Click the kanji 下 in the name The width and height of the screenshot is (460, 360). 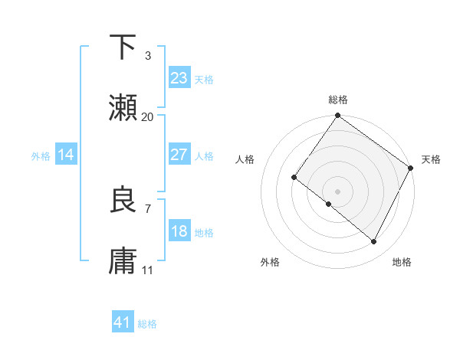click(123, 47)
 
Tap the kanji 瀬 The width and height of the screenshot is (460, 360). click(123, 109)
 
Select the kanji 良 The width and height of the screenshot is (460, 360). click(123, 200)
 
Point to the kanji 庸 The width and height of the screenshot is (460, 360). click(123, 261)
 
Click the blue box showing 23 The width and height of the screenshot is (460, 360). click(179, 78)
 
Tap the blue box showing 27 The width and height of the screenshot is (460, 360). click(179, 155)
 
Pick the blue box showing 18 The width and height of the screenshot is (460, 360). click(179, 231)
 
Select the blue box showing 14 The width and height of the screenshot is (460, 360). click(66, 155)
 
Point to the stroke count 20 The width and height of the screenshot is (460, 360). click(148, 117)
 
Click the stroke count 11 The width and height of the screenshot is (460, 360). click(148, 270)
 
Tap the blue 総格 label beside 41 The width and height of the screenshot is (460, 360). click(147, 324)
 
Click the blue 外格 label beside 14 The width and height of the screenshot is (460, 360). click(41, 155)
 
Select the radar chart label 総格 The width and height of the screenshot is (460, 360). click(337, 100)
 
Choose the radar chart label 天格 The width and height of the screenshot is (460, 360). click(432, 159)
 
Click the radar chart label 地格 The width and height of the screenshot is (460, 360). click(402, 262)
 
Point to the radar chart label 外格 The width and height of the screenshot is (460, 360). click(270, 262)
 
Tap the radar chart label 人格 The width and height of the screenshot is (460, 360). click(245, 159)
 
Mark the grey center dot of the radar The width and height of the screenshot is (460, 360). click(337, 191)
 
